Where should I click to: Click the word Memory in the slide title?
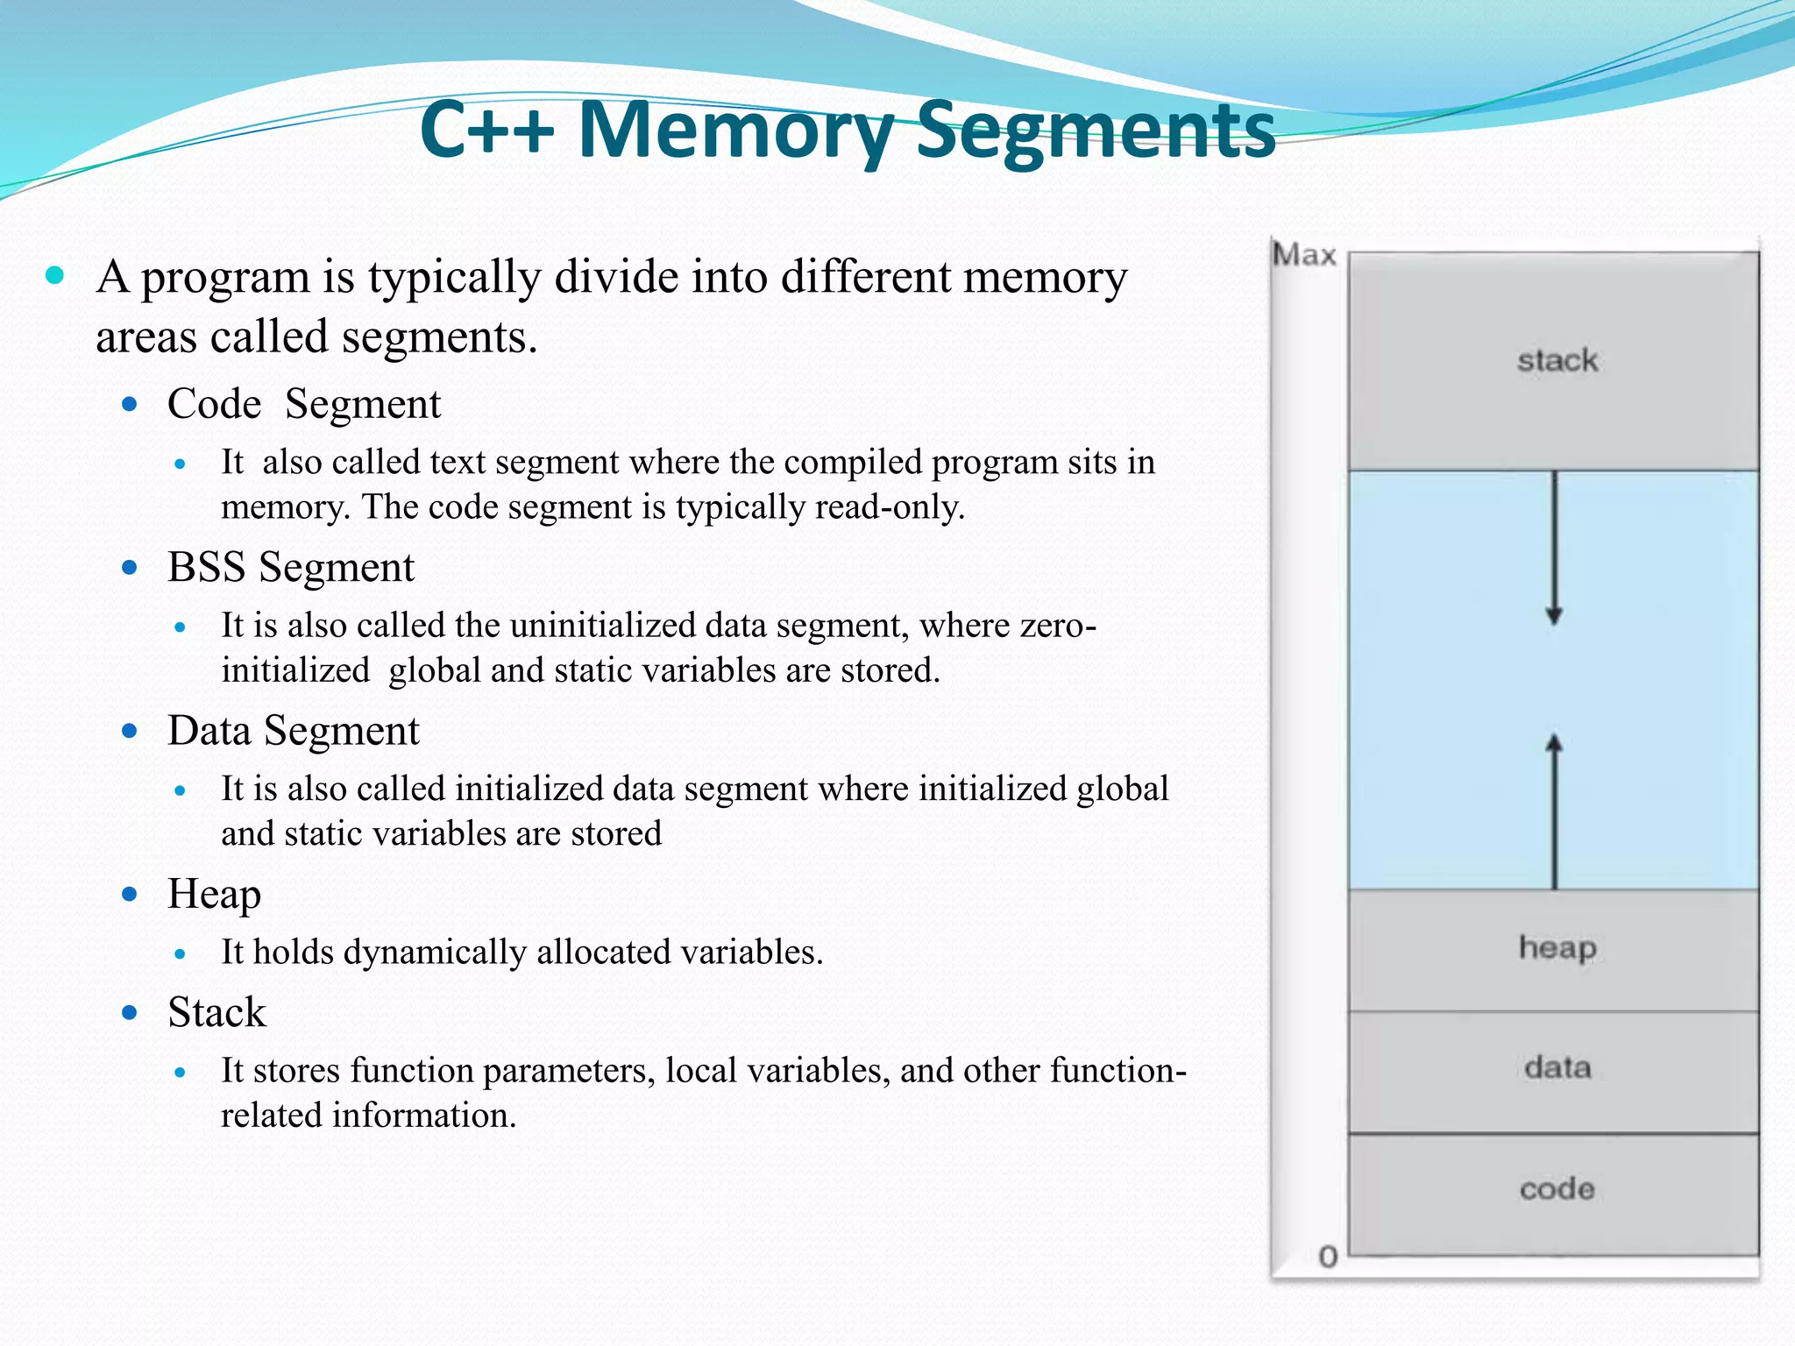[736, 131]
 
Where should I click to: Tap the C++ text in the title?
[486, 131]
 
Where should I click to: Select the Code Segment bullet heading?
[304, 404]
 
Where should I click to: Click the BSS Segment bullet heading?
[290, 567]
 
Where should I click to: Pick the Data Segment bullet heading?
[293, 731]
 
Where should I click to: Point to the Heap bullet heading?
[214, 895]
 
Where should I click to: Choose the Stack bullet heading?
[216, 1012]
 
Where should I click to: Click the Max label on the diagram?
[1304, 255]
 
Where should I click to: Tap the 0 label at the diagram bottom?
[1328, 1257]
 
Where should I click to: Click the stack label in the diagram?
[1557, 360]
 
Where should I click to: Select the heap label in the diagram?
[1557, 948]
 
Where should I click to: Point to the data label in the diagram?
[1557, 1067]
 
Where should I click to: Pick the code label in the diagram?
[1557, 1189]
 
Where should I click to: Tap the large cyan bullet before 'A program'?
[55, 276]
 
